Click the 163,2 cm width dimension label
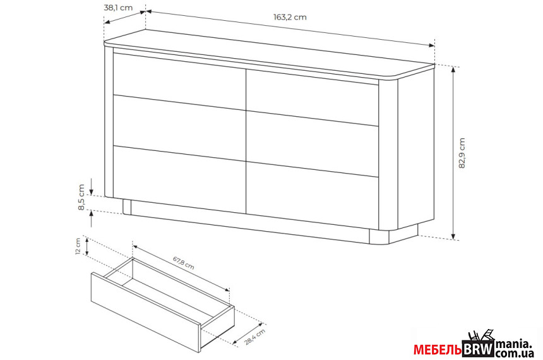tap(290, 17)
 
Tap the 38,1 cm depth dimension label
tap(118, 8)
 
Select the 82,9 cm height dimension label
tap(462, 153)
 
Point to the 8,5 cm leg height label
tap(81, 197)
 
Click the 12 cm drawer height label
tap(78, 246)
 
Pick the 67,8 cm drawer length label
tap(183, 263)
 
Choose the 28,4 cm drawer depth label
tap(255, 337)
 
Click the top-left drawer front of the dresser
tap(179, 78)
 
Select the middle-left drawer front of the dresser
tap(179, 128)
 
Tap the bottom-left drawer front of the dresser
tap(179, 179)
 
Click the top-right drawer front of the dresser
tap(312, 97)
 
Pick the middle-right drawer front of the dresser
tap(312, 143)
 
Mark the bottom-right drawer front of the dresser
tap(312, 195)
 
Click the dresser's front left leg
tap(127, 207)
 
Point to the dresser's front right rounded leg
tap(379, 237)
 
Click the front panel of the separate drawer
tap(146, 312)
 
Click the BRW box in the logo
tap(478, 349)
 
